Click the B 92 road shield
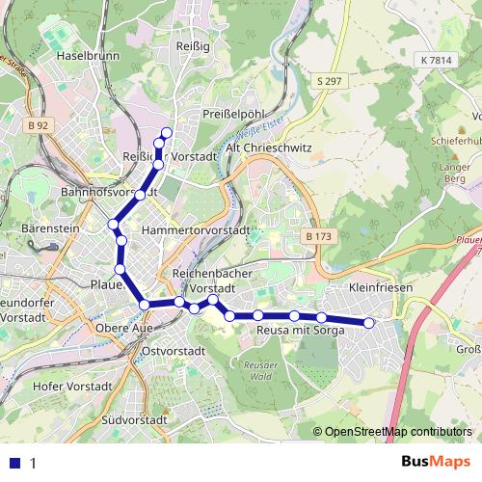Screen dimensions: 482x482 point(39,125)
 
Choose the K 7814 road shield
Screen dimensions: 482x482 point(436,60)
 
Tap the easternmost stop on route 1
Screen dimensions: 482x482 point(368,323)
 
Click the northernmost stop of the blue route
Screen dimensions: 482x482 point(167,132)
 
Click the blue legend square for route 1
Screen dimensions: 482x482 point(14,463)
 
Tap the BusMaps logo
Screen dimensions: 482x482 point(435,462)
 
